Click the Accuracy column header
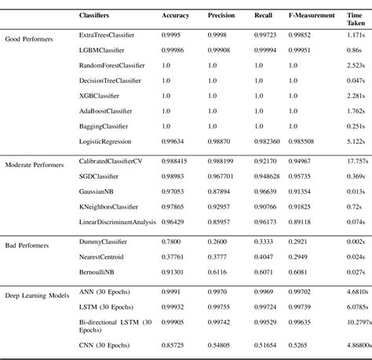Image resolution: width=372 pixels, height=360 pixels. pyautogui.click(x=175, y=15)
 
